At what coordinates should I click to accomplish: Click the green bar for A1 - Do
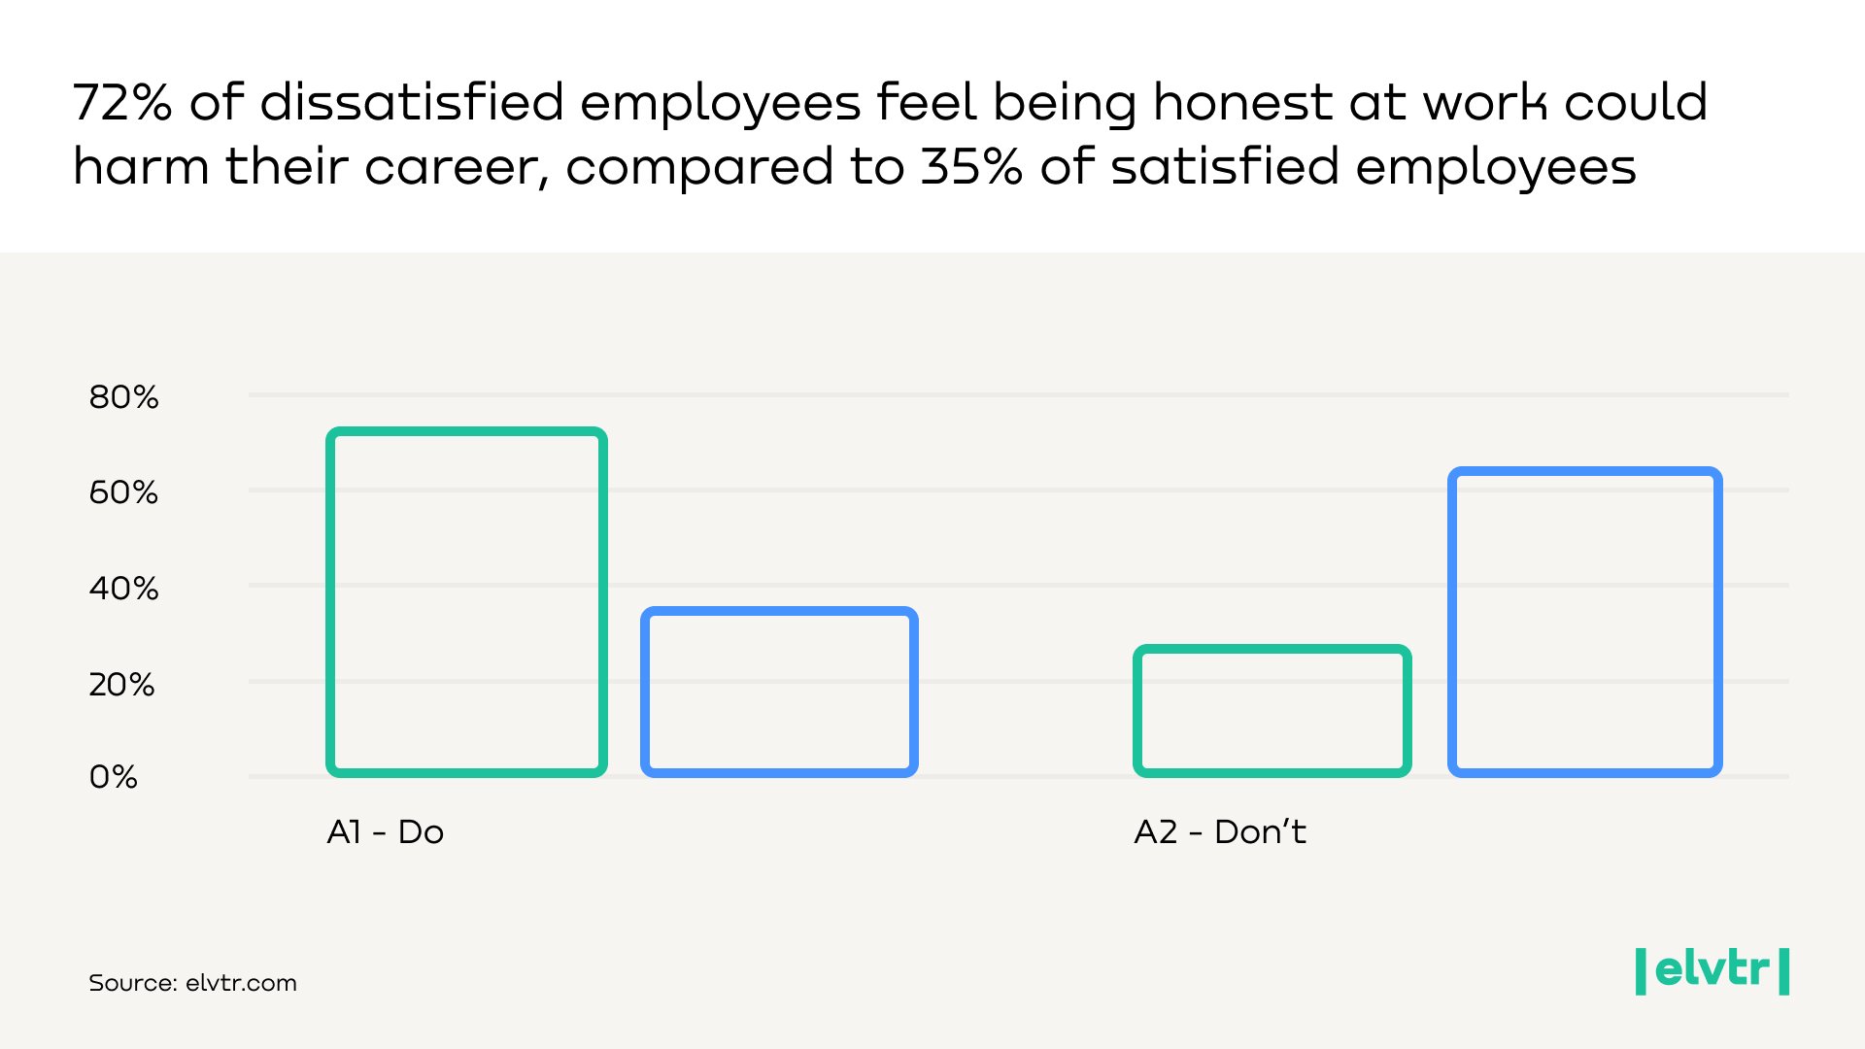(466, 602)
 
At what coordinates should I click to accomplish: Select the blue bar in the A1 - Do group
(779, 692)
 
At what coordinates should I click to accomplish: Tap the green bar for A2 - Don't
(1272, 710)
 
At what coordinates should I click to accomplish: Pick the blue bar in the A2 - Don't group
(1584, 622)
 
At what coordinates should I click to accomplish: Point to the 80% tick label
(123, 397)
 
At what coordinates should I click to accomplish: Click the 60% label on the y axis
(123, 492)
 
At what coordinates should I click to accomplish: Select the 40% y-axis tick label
(123, 589)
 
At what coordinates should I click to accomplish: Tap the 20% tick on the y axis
(121, 685)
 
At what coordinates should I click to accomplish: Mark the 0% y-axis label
(113, 777)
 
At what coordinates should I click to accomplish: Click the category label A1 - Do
(385, 832)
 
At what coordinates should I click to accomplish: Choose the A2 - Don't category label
(1219, 832)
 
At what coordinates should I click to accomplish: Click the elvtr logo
(1712, 970)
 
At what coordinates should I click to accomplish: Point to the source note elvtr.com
(192, 983)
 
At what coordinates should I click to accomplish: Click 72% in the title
(122, 103)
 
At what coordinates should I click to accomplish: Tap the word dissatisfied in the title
(412, 103)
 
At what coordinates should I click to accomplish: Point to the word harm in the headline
(141, 167)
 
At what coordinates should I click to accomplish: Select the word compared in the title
(699, 167)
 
